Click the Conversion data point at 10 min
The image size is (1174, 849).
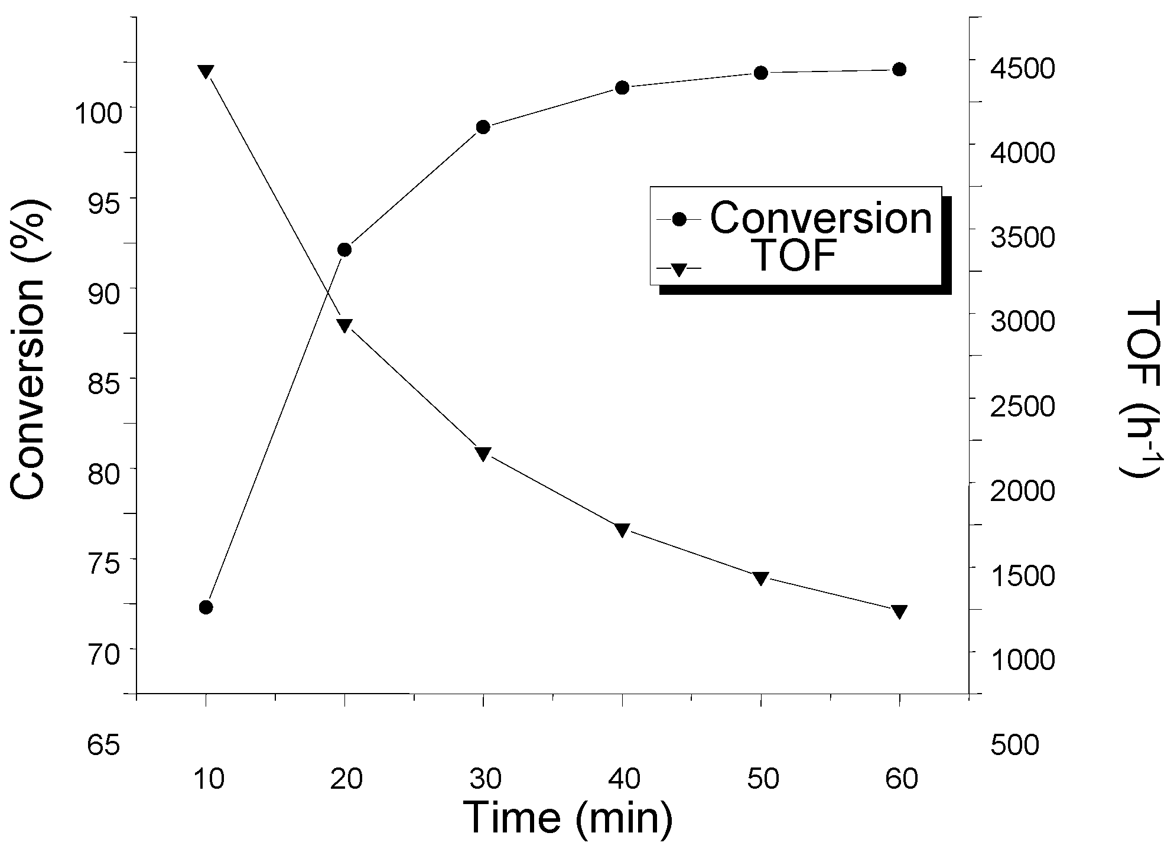tap(206, 607)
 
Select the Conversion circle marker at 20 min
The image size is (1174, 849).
tap(344, 249)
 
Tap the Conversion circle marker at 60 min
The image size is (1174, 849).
tap(899, 70)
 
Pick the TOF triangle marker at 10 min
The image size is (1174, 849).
tap(206, 71)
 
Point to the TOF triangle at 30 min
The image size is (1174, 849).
tap(483, 454)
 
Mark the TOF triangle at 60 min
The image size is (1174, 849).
tap(899, 611)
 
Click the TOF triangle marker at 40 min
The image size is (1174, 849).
tap(622, 530)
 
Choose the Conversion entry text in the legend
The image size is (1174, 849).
tap(821, 218)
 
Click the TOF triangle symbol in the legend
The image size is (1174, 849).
tap(678, 269)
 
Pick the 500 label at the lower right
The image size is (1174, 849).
tap(1014, 745)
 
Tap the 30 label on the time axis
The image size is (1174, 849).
tap(486, 780)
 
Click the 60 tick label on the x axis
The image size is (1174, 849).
tap(902, 780)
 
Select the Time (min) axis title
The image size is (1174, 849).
tap(568, 818)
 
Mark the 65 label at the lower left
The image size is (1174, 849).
tap(104, 745)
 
